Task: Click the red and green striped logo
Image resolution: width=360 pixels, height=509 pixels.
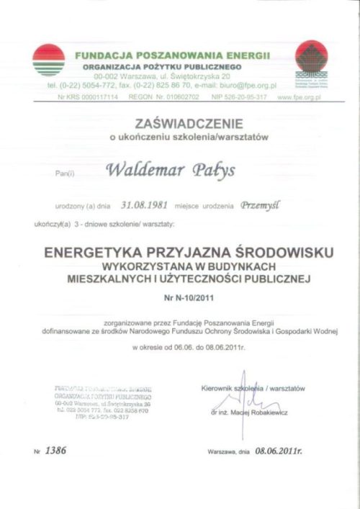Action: pos(48,60)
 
